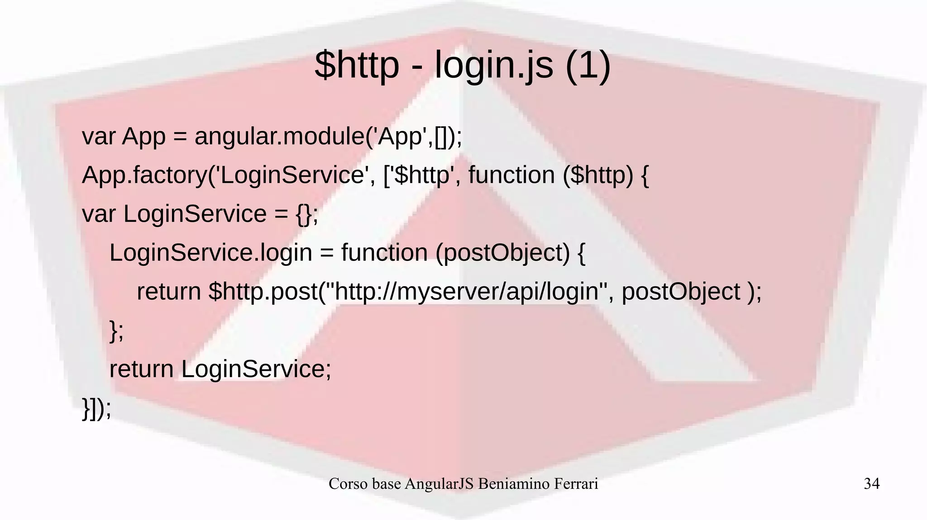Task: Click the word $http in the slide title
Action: [357, 65]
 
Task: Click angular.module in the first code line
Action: [279, 136]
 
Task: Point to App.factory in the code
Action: [144, 175]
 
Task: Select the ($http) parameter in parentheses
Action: [598, 175]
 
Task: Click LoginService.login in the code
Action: [210, 252]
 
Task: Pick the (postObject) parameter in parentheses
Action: [502, 253]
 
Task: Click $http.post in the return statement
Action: [263, 291]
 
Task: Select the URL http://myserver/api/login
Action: [467, 291]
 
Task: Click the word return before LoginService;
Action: [141, 369]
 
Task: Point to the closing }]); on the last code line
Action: [96, 408]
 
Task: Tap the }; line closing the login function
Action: [116, 331]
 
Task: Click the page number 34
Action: [871, 484]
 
